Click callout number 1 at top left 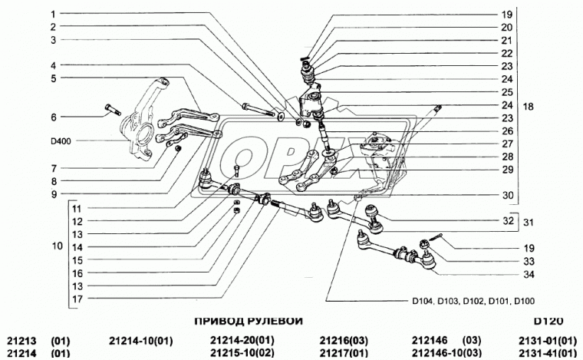(53, 14)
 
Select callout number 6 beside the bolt (54, 117)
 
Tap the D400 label (61, 141)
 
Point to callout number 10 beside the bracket (58, 246)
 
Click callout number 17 (77, 299)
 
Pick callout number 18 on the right (528, 107)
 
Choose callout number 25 (507, 92)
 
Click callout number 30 (508, 195)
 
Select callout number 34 (529, 275)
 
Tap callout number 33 (529, 262)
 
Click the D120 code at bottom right (548, 321)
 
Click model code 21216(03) (344, 340)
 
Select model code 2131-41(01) (547, 352)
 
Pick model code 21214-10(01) (141, 340)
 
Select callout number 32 (508, 220)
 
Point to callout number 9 (54, 194)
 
